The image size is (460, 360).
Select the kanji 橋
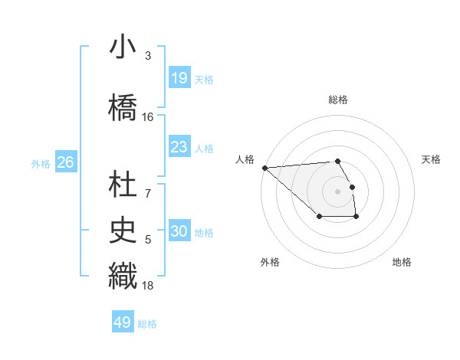(x=123, y=106)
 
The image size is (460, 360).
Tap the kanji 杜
(x=123, y=184)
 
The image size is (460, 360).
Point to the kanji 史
(x=123, y=229)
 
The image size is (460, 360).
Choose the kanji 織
(x=123, y=275)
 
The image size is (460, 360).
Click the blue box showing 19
(x=179, y=78)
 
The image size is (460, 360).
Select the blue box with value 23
(x=179, y=148)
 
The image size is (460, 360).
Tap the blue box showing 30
(x=179, y=232)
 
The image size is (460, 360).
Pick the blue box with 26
(x=65, y=162)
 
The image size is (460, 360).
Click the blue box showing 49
(x=122, y=322)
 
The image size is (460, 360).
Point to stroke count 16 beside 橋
(x=148, y=117)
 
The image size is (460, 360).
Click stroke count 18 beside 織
(x=148, y=286)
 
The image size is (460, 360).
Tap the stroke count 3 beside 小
(x=148, y=56)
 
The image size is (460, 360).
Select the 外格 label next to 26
(x=41, y=163)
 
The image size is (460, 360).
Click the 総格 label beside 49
(x=147, y=324)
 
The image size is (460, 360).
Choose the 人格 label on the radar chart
(x=245, y=159)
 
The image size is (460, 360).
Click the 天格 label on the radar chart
(x=432, y=159)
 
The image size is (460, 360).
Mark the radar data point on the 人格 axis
(x=264, y=168)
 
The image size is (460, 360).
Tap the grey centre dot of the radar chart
(x=337, y=191)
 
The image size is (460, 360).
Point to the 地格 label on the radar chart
(x=402, y=262)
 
